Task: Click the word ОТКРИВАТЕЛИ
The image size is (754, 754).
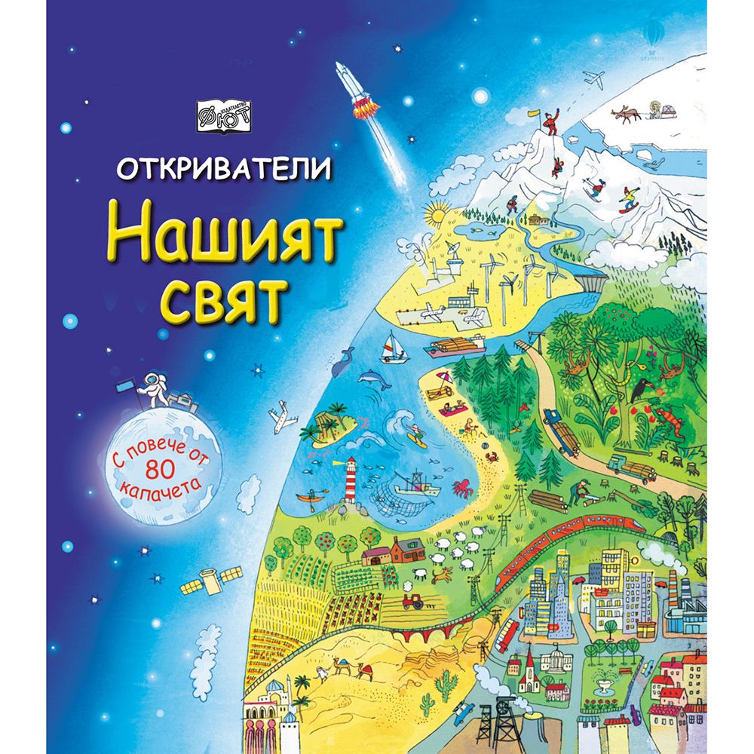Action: coord(223,168)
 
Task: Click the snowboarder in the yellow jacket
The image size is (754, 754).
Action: coord(628,199)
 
